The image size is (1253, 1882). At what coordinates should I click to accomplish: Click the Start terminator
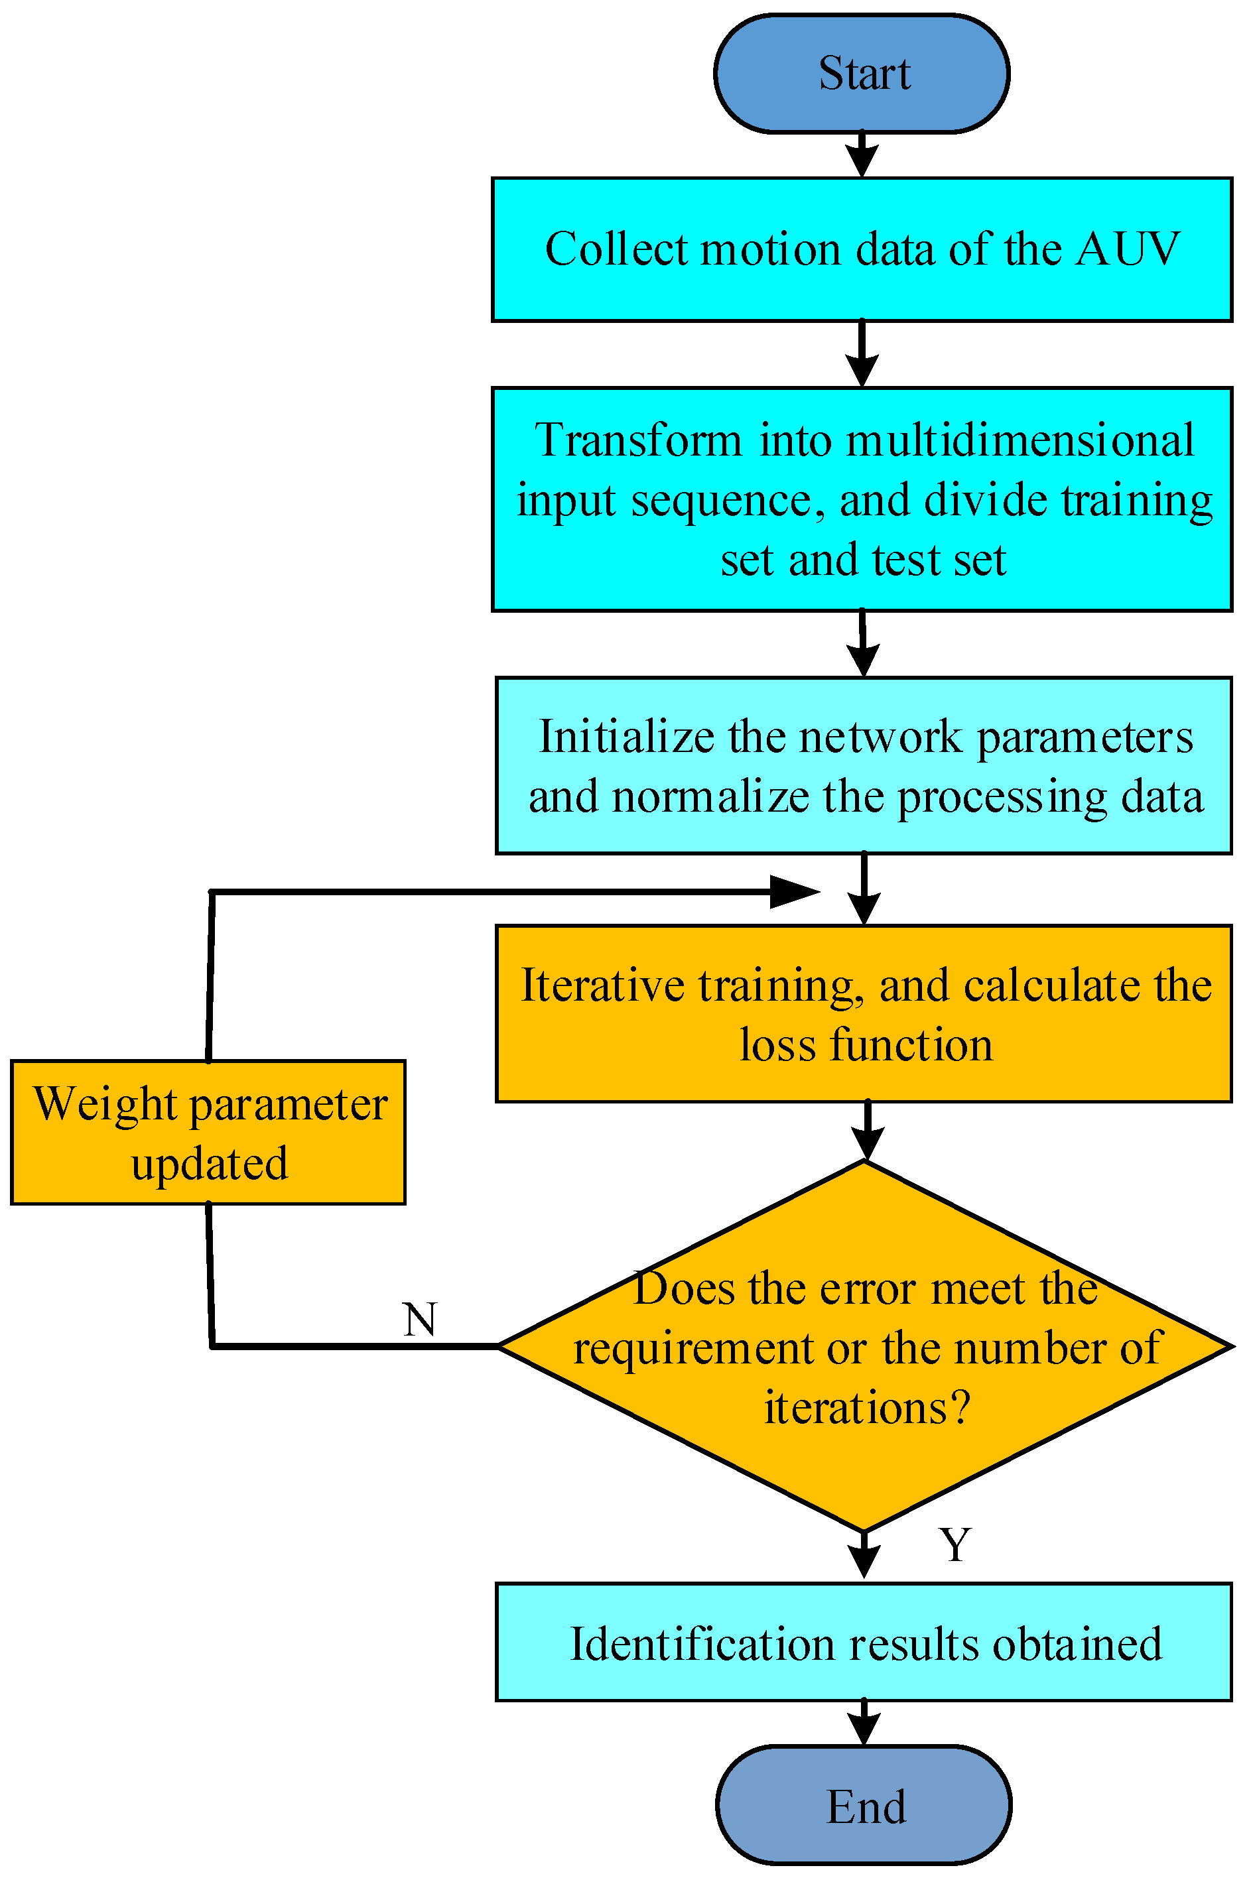(x=862, y=74)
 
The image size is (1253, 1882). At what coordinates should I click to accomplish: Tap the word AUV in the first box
(x=1128, y=249)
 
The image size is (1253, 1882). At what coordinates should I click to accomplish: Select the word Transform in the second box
(x=637, y=440)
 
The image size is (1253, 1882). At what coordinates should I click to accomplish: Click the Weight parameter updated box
(x=208, y=1133)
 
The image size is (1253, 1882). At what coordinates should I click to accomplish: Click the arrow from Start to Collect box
(x=862, y=156)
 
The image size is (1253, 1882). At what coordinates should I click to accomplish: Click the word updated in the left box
(x=210, y=1164)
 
